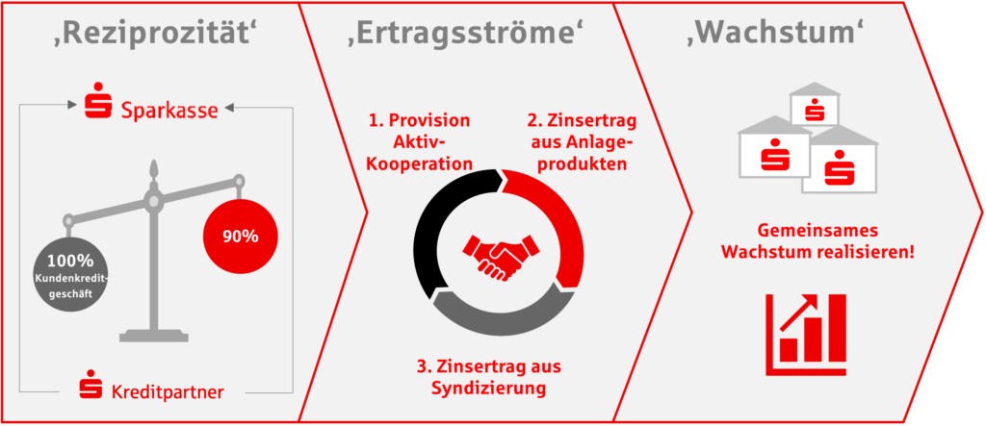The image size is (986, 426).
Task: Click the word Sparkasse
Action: tap(169, 111)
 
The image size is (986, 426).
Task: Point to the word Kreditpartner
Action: tap(168, 393)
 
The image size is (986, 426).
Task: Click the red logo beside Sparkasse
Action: tap(99, 100)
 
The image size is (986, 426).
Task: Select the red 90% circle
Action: tap(240, 236)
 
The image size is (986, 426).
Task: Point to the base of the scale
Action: tap(154, 335)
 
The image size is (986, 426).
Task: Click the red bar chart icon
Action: tap(806, 335)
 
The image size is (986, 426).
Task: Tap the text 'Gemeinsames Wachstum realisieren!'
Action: tap(817, 240)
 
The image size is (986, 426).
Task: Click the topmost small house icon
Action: tap(815, 105)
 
